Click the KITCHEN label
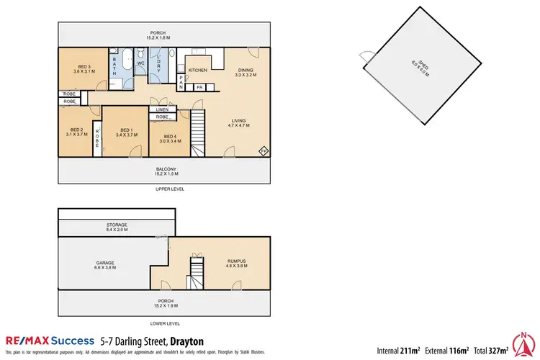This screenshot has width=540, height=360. click(x=198, y=70)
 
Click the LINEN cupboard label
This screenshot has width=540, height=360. click(x=162, y=109)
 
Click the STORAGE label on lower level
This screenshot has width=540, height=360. click(x=117, y=227)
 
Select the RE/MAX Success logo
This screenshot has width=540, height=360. click(x=50, y=341)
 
